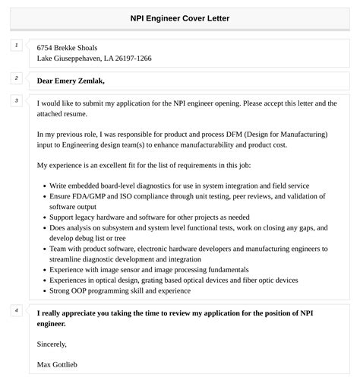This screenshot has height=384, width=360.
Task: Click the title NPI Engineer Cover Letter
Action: [x=180, y=18]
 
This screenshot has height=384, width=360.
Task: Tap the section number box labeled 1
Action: [x=16, y=46]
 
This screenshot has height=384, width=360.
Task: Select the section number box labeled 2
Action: [x=16, y=78]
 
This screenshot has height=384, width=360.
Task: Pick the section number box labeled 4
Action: [x=16, y=311]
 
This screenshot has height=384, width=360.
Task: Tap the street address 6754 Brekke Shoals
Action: [x=67, y=47]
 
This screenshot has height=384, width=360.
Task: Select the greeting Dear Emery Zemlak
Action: [x=71, y=81]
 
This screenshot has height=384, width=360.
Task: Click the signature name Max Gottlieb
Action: [x=57, y=364]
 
